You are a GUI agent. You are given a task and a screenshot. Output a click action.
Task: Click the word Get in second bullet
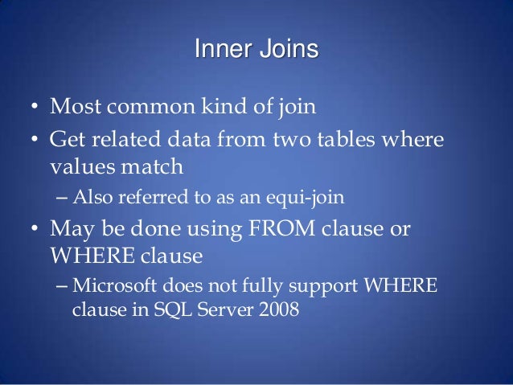click(x=67, y=141)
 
